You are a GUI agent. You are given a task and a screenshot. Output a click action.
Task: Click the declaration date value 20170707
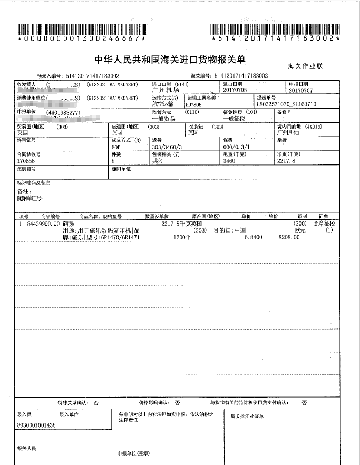(x=298, y=90)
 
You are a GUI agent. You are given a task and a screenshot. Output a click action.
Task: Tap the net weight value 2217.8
(x=287, y=161)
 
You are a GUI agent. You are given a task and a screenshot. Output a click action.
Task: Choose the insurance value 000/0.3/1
(x=236, y=147)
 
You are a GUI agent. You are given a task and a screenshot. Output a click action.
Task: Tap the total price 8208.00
(x=289, y=237)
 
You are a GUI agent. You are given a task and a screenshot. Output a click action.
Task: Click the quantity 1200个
(x=182, y=237)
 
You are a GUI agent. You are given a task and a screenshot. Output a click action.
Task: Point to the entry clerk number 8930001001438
(x=36, y=424)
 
